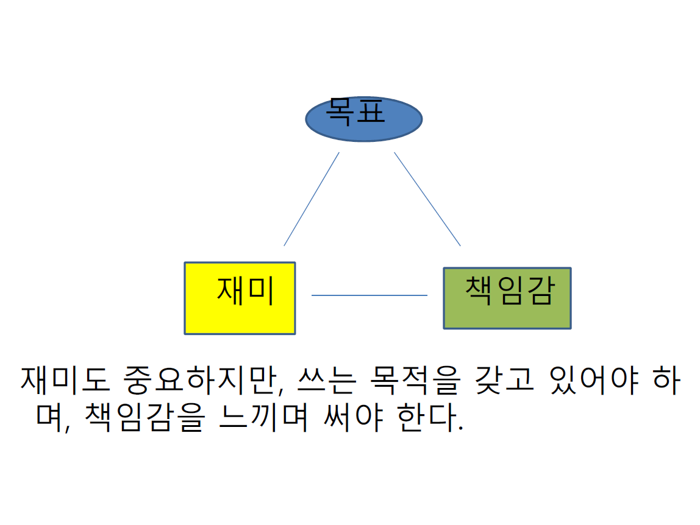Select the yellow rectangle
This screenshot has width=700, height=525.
point(240,317)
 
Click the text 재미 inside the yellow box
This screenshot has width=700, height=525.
point(245,291)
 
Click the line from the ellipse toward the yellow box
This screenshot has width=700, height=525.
point(311,199)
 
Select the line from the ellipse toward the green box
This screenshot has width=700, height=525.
point(427,199)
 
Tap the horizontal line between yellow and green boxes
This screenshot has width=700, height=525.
point(370,295)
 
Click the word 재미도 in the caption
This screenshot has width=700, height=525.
point(65,380)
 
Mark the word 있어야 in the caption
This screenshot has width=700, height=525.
point(595,380)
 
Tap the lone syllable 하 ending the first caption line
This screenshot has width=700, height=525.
point(666,380)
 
